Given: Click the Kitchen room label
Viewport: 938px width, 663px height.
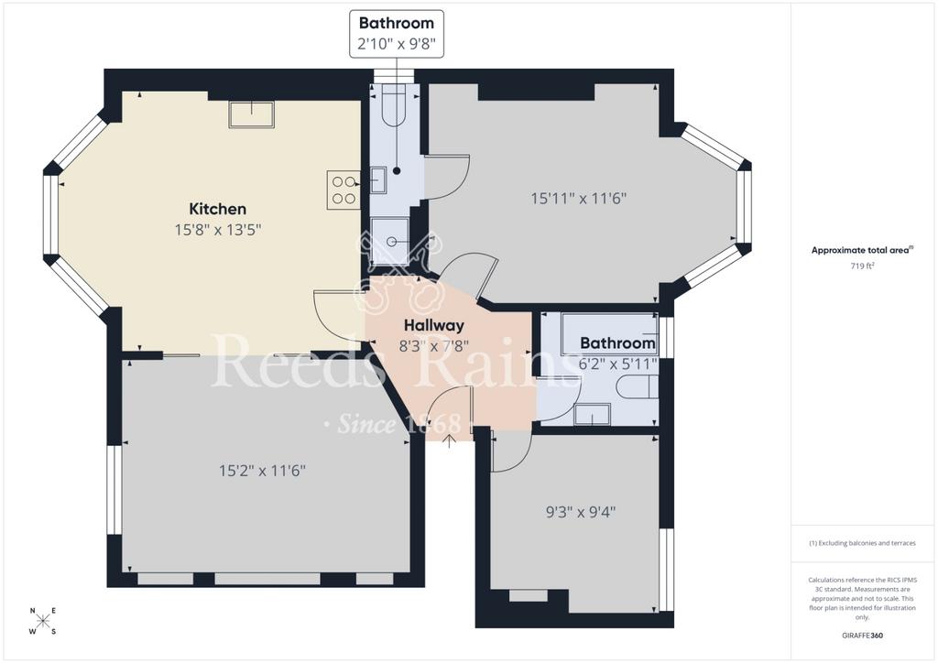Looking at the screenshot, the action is [x=218, y=209].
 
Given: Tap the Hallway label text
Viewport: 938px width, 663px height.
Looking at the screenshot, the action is [x=433, y=325].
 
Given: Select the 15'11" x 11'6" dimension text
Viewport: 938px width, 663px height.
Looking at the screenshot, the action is [x=579, y=198].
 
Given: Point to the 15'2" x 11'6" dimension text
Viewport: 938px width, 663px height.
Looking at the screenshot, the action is [x=262, y=471].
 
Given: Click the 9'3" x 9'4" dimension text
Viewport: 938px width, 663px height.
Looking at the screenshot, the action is [x=581, y=512].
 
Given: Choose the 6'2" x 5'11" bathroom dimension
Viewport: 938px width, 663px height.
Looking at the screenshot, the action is [x=618, y=364].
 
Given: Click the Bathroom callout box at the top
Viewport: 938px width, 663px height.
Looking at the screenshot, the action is [x=397, y=34].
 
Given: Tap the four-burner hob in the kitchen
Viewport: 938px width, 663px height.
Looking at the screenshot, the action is [x=344, y=190].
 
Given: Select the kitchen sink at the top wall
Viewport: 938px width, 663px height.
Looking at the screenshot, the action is [x=251, y=114].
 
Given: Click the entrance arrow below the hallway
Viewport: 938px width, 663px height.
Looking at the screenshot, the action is [x=449, y=441].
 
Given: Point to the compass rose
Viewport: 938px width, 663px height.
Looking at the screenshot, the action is [x=43, y=621].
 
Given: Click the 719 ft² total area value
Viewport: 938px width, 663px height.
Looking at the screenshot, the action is [x=862, y=266].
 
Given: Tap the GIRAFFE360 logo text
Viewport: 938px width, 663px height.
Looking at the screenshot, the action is [x=862, y=636].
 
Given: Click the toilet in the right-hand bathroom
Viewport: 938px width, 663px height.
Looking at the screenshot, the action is [x=638, y=386].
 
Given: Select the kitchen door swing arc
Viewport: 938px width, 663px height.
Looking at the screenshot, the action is [x=335, y=316].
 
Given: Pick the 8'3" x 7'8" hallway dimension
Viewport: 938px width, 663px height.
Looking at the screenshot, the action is [x=433, y=345].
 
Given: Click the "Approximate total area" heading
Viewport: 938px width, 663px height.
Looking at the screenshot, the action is [x=861, y=251].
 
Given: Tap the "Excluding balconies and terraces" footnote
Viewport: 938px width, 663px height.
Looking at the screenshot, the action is [x=862, y=543].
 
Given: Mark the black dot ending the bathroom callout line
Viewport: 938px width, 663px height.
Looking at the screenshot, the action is [x=397, y=171].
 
